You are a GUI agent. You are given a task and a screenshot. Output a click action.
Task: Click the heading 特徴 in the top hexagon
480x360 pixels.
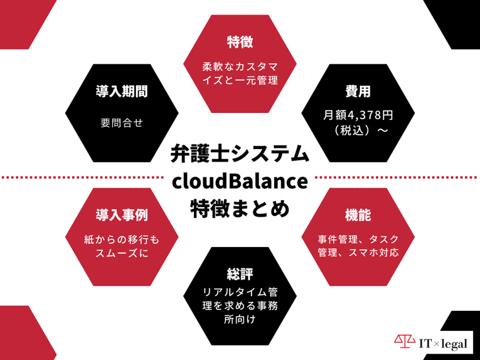(x=240, y=42)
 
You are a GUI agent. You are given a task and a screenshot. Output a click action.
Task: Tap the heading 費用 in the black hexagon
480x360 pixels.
(x=358, y=92)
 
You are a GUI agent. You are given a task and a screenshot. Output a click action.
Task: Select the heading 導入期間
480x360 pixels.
(x=122, y=92)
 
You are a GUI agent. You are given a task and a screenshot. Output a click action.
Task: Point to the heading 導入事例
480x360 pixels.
(x=122, y=215)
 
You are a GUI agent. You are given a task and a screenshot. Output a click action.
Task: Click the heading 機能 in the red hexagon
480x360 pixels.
(x=358, y=215)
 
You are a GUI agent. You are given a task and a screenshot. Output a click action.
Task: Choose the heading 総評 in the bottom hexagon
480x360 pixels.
(x=240, y=275)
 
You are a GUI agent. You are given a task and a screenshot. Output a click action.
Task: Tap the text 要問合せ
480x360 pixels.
(x=122, y=123)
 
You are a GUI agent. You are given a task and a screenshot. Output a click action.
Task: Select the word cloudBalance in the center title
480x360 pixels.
(x=240, y=181)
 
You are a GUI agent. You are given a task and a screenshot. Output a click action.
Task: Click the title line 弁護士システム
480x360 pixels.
(x=240, y=153)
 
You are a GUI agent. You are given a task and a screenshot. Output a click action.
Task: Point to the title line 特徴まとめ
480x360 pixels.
(x=240, y=208)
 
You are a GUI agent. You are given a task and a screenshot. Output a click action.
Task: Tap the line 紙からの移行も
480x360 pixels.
(x=122, y=240)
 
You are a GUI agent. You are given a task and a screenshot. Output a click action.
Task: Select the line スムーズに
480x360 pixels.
(x=122, y=255)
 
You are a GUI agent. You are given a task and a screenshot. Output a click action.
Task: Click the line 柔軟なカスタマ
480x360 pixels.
(x=240, y=66)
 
